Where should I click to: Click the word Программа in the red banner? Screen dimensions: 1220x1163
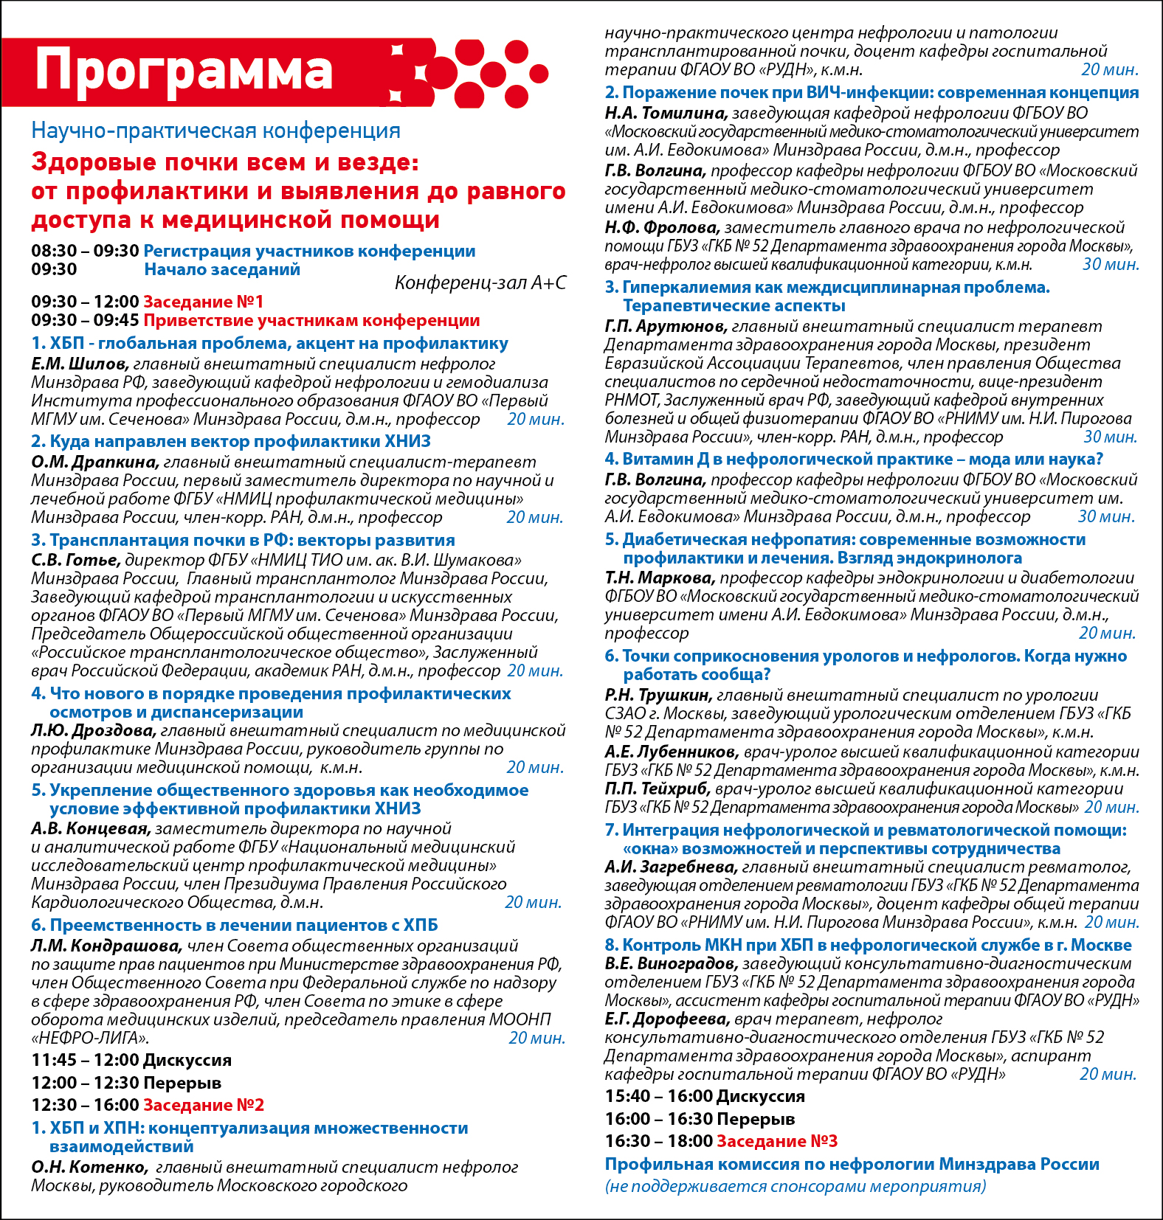[184, 71]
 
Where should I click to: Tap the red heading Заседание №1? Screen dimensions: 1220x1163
[203, 302]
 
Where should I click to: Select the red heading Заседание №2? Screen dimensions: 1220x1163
[203, 1105]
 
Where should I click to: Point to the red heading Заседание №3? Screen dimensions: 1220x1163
[777, 1141]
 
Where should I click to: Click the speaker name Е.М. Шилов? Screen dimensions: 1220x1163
[80, 364]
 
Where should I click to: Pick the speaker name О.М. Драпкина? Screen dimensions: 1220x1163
[94, 462]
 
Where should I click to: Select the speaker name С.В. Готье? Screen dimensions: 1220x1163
[75, 560]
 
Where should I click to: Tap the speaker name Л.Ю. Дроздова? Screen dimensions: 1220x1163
[93, 730]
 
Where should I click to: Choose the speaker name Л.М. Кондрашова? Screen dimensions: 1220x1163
[106, 946]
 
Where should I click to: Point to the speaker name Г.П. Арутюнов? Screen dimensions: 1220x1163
[666, 326]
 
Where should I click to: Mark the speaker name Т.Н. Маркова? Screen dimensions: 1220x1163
[660, 578]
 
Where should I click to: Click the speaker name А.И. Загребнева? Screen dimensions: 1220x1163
[671, 867]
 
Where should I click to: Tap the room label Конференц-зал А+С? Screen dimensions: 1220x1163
[480, 283]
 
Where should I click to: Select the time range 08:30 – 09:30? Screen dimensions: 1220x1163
[85, 251]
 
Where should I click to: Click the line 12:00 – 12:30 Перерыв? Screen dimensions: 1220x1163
[126, 1083]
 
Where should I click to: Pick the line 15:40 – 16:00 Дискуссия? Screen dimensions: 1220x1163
[705, 1096]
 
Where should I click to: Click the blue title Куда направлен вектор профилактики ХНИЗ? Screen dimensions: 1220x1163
[231, 441]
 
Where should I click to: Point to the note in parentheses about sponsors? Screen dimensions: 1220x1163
[796, 1186]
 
